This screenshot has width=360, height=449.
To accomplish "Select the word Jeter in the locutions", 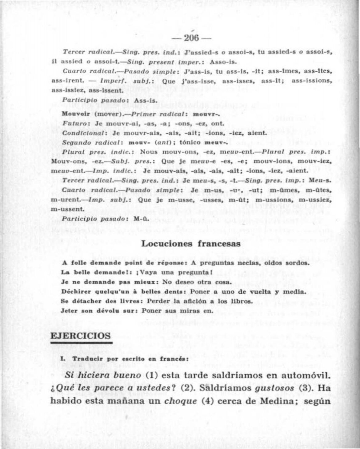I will [69, 311].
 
